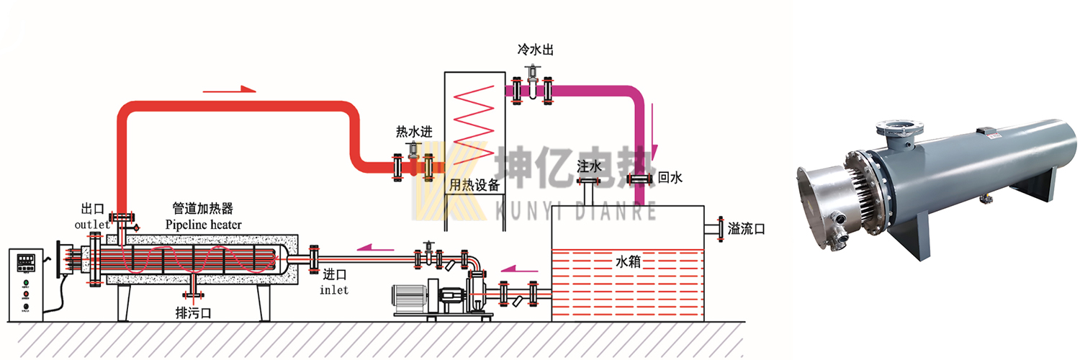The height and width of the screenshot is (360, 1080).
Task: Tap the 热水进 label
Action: coord(413,132)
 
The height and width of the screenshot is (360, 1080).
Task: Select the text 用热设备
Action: coord(474,185)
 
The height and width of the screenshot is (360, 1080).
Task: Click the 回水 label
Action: coord(670,178)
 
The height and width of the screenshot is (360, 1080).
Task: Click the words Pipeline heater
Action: coord(203,225)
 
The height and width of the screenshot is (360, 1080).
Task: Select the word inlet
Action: coord(335,289)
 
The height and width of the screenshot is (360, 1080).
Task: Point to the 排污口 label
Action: coord(194,313)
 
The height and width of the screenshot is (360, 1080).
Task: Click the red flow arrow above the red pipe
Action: coord(230,89)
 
